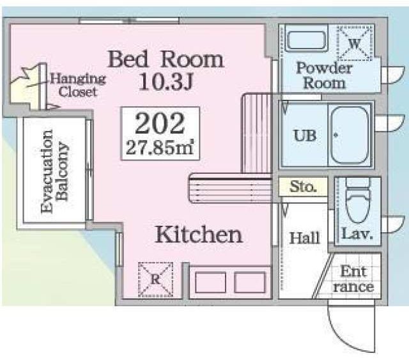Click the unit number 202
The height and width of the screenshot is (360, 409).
pos(160,124)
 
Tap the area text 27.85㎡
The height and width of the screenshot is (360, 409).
pos(160,148)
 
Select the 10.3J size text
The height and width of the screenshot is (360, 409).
pos(166,81)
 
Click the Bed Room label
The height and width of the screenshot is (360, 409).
pos(166,59)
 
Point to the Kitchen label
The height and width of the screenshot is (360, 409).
pos(199,235)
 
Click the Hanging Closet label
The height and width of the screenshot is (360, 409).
pos(78,85)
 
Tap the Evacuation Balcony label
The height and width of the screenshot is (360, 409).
pos(55,171)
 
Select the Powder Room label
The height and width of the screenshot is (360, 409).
pos(325,75)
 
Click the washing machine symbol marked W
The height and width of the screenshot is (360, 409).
pos(355,43)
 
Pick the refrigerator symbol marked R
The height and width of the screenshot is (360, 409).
pos(155,279)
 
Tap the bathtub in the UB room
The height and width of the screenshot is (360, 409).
pos(350,135)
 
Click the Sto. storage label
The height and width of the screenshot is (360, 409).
pos(303,187)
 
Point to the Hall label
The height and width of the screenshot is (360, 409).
pos(304,238)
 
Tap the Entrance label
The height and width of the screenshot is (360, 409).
pos(353,279)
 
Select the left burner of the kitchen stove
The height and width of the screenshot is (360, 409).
pos(210,283)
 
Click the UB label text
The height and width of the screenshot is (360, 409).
pos(305,136)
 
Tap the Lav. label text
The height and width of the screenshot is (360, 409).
pos(357,233)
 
